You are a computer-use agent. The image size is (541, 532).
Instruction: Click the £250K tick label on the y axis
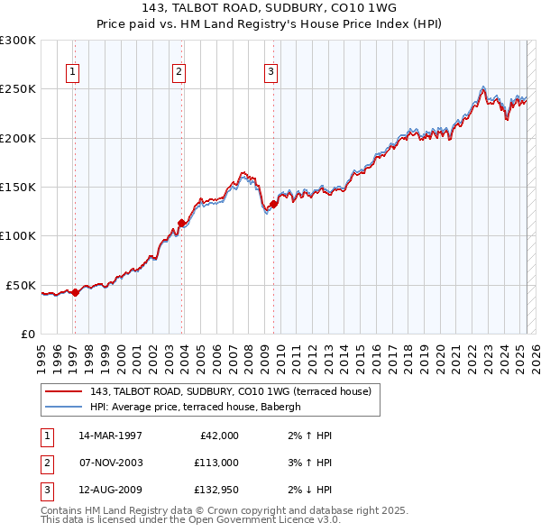(18, 89)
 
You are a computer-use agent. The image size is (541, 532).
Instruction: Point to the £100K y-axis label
(18, 236)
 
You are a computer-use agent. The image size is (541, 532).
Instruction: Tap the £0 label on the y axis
(29, 334)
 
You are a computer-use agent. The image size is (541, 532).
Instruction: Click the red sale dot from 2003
(181, 223)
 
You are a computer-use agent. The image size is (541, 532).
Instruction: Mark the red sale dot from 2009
(273, 204)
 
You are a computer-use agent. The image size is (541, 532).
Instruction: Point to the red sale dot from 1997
(75, 292)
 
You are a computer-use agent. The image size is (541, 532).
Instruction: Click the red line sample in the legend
(64, 391)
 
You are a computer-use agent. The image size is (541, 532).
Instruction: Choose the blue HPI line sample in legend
(64, 407)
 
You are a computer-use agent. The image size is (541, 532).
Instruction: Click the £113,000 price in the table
(216, 463)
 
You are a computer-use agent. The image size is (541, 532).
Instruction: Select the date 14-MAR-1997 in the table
(110, 436)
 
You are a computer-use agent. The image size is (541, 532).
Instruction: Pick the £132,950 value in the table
(216, 490)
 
